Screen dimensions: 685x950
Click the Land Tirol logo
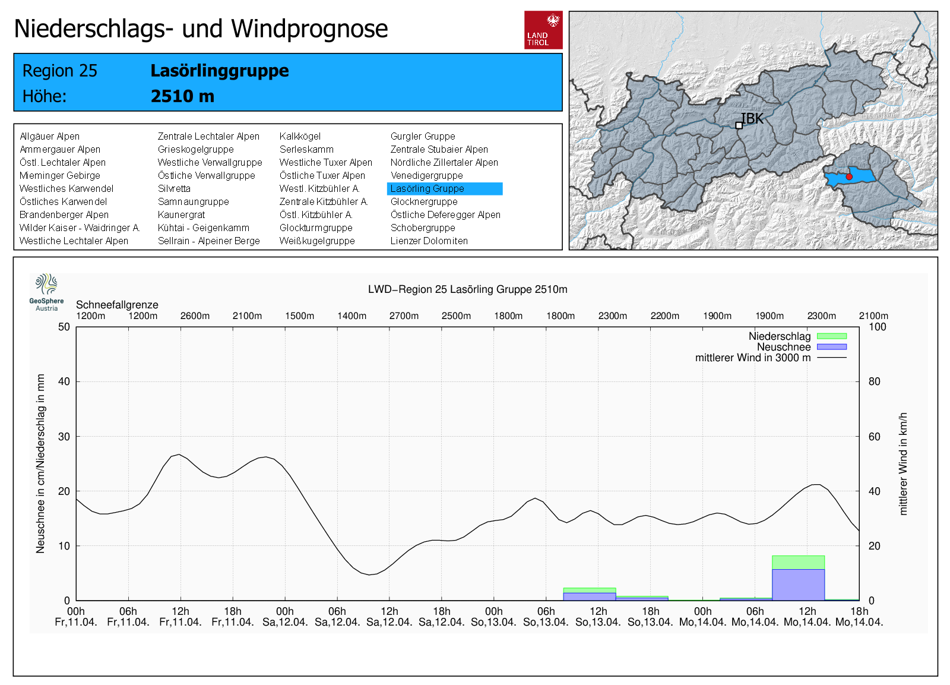click(x=543, y=30)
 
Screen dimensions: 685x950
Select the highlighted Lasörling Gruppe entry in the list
click(x=444, y=189)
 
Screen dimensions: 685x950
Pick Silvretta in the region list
click(x=174, y=189)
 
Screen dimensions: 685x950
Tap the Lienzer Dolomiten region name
click(x=429, y=241)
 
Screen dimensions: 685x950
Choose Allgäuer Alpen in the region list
click(x=49, y=137)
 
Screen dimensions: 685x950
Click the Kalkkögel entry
click(x=300, y=137)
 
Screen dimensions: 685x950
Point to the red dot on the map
click(x=849, y=177)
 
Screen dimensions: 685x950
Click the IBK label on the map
click(x=752, y=119)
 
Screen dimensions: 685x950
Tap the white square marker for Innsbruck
click(x=739, y=125)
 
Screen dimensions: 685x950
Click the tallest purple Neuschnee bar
click(x=798, y=585)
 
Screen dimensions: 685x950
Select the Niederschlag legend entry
click(x=779, y=337)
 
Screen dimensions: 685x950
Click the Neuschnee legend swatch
click(x=831, y=347)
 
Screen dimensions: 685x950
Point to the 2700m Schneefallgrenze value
click(x=404, y=316)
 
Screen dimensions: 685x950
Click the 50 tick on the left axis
click(x=64, y=327)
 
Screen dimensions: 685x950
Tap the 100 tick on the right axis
click(x=877, y=327)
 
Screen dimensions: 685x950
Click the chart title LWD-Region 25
click(x=467, y=289)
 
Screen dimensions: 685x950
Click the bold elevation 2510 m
click(x=182, y=96)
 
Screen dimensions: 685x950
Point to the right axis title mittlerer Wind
click(x=903, y=463)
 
